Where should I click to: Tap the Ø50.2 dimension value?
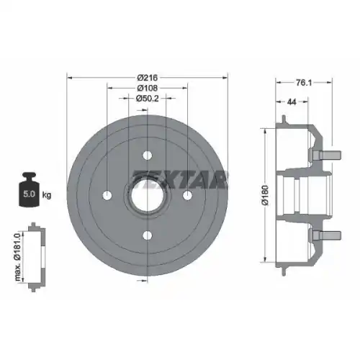click(147, 99)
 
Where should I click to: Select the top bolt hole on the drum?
click(147, 155)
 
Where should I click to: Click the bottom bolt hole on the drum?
click(147, 235)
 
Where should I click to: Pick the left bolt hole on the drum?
click(107, 195)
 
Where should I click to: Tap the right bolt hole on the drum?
click(187, 195)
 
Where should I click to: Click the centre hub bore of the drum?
click(147, 194)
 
